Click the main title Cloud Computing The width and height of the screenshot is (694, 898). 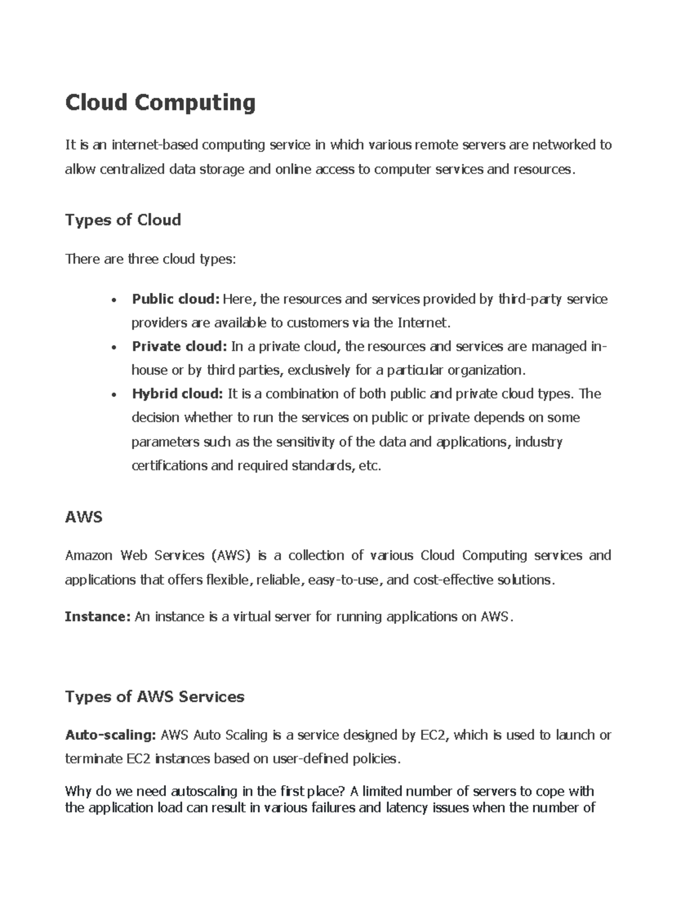[x=160, y=103]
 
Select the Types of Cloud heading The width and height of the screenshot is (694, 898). [x=123, y=220]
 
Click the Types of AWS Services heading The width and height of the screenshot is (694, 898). [x=154, y=696]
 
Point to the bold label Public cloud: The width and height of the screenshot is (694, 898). [x=176, y=299]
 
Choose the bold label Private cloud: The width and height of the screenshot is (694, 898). [x=179, y=346]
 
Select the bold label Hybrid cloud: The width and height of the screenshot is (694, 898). [x=177, y=394]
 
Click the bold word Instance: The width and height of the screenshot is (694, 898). [x=98, y=616]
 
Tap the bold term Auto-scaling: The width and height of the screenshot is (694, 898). [x=110, y=735]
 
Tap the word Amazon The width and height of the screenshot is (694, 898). [x=89, y=556]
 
